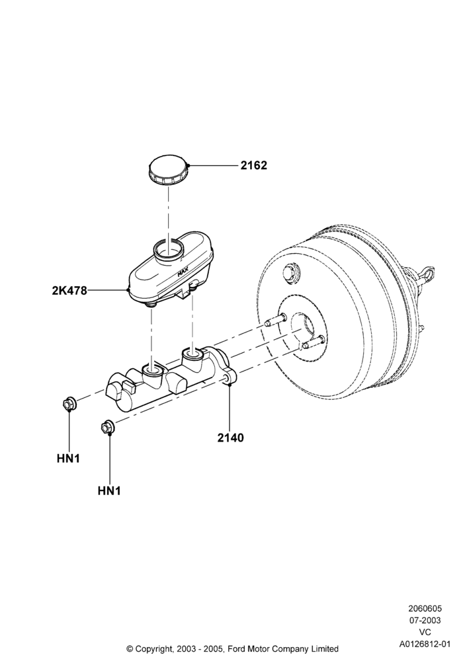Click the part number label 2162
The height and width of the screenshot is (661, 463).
coord(254,165)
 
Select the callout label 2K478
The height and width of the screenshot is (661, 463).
coord(69,290)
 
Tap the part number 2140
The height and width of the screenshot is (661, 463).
coord(231,438)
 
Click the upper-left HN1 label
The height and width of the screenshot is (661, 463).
coord(68,458)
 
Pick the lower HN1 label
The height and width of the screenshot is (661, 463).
coord(109,491)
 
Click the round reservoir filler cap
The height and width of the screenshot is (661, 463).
coord(168,170)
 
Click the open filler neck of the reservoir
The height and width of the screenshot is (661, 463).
coord(168,250)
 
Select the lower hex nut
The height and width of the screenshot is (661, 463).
coord(108,427)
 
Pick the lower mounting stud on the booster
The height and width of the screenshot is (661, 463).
coord(313,342)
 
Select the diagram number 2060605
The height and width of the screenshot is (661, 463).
coord(425,608)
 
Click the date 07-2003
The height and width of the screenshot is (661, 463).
coord(425,620)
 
